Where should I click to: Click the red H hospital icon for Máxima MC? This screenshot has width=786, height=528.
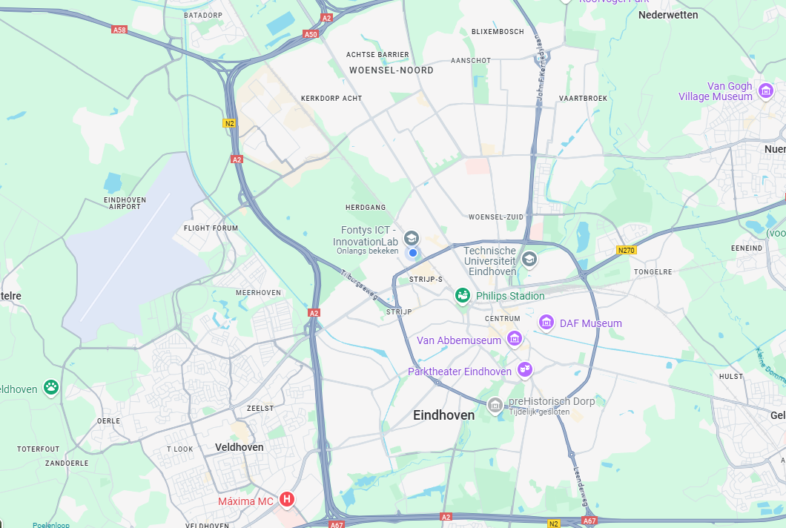point(287,501)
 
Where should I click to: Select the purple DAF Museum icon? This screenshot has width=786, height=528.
point(546,323)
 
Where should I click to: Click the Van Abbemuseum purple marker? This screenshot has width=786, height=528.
point(514,340)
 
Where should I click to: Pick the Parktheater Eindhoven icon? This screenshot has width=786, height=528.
point(524,369)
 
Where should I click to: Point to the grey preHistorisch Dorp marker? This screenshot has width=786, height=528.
point(495,405)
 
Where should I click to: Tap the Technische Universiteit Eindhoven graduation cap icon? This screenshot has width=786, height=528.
point(529,259)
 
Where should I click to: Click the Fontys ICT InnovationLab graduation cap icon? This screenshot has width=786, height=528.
point(412,238)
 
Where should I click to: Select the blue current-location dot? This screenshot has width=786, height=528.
point(413,253)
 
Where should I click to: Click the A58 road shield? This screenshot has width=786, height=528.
point(119,30)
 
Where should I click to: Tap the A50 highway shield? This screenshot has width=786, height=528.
point(311,34)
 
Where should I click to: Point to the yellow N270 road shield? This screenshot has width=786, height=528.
point(627,251)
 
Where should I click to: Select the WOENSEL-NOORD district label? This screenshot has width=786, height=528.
point(391,70)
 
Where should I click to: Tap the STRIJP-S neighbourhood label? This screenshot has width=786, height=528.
point(426,279)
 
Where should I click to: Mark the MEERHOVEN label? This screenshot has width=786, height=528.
point(258,293)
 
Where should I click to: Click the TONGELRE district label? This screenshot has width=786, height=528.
point(653,272)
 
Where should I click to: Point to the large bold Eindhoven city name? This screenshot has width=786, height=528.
point(443,415)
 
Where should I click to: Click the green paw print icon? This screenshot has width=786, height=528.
point(50,386)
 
